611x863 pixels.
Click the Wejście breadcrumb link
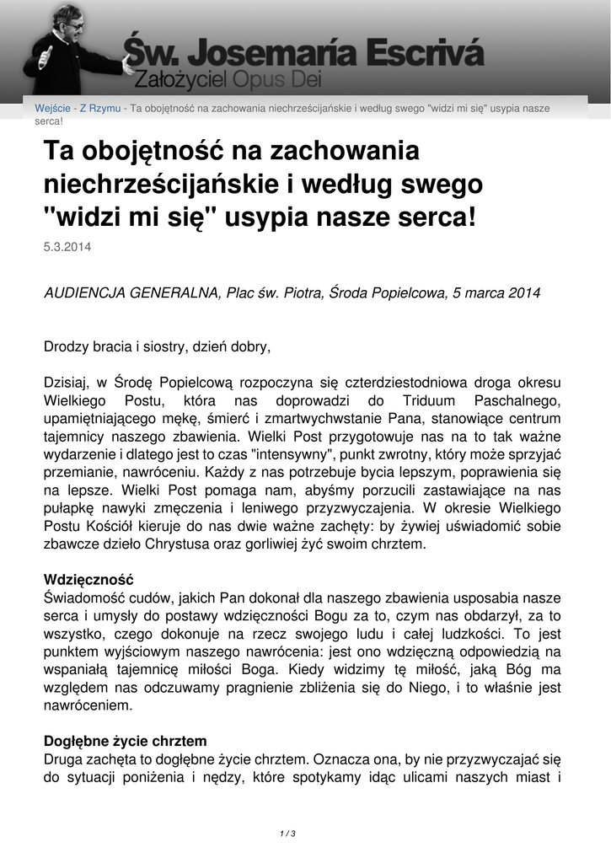coord(52,109)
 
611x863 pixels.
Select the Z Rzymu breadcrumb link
coord(99,109)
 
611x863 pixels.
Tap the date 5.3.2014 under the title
coord(67,248)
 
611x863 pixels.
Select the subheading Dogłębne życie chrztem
coord(125,742)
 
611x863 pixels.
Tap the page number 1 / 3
coord(287,834)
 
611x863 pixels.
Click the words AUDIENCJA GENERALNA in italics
coord(130,293)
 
